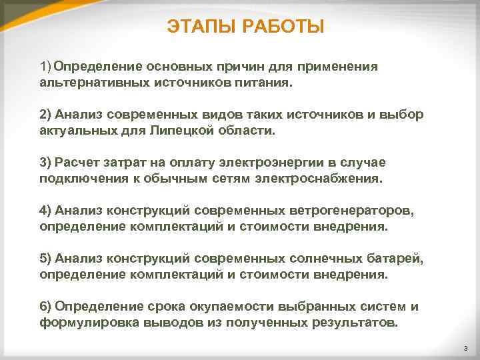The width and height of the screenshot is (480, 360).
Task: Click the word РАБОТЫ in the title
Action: coord(283,27)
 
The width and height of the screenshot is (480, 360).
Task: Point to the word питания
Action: coord(269,84)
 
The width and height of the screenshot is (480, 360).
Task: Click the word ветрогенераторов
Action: coord(351,210)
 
